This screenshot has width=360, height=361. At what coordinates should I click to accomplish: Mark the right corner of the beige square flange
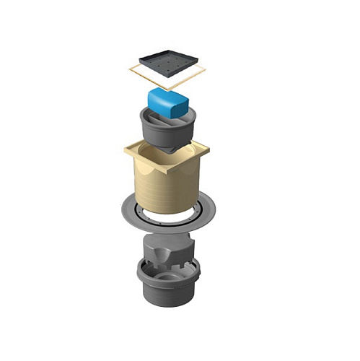(x=208, y=152)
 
